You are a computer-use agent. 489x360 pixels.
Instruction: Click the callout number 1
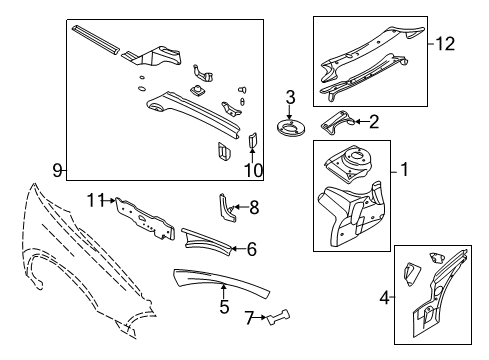[404, 171]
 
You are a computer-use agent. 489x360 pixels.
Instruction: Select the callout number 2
[374, 122]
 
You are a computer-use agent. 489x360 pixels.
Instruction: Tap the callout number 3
[290, 98]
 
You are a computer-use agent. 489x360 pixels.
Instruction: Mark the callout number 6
[251, 249]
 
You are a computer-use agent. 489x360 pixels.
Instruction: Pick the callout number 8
[254, 207]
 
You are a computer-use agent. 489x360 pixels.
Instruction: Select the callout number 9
[57, 171]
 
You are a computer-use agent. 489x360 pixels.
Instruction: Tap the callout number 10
[252, 171]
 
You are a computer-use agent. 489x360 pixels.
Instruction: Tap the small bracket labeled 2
[337, 121]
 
